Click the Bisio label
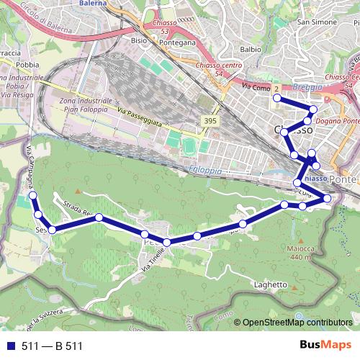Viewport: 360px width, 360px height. [139, 41]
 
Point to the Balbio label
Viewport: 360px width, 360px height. [251, 50]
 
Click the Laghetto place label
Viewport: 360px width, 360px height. [271, 284]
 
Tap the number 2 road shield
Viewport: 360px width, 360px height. [276, 89]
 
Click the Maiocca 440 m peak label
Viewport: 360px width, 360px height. [298, 253]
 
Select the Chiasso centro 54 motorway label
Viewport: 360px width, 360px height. [221, 72]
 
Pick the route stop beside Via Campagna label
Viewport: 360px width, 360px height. [32, 195]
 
